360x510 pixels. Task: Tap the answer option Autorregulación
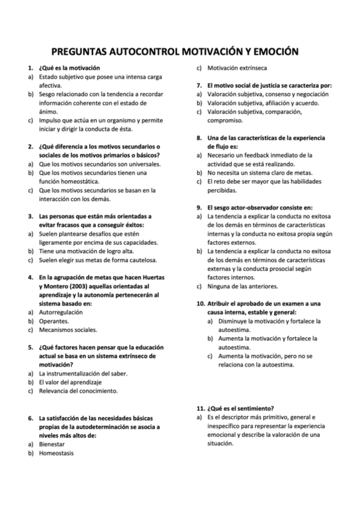point(61,312)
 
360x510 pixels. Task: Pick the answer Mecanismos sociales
point(67,330)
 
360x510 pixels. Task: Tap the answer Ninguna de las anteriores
point(244,286)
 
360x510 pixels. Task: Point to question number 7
point(200,85)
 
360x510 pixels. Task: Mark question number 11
point(201,408)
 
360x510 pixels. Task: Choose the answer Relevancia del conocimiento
point(78,390)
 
